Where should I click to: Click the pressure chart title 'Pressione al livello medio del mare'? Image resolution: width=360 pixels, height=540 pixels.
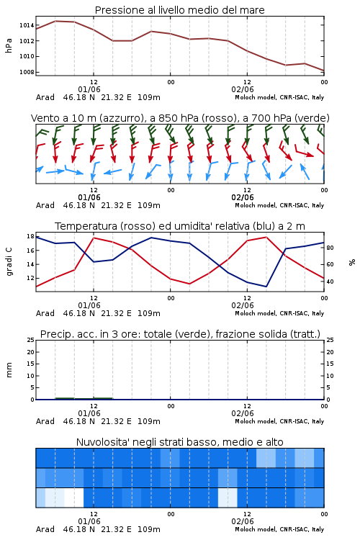[179, 10]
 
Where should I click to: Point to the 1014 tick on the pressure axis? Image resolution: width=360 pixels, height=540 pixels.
[27, 25]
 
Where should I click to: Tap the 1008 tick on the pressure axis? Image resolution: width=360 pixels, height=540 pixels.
[27, 72]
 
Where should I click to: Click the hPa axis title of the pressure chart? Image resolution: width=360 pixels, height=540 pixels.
[9, 45]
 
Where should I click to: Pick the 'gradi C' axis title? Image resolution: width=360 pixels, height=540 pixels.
[9, 262]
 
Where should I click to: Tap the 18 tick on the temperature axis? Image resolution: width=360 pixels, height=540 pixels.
[30, 236]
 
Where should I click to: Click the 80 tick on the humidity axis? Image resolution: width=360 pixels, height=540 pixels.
[330, 248]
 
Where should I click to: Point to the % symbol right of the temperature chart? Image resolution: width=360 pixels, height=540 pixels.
[352, 262]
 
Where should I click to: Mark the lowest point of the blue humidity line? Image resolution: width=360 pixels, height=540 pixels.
[266, 287]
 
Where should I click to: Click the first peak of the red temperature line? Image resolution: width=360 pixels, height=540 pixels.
[94, 238]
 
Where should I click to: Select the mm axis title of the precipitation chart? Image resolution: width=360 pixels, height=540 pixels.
[9, 370]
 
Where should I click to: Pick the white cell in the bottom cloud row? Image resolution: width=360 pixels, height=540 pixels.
[74, 498]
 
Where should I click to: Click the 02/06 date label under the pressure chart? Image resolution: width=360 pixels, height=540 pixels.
[243, 89]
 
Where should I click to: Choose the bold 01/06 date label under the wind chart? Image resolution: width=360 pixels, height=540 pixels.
[89, 198]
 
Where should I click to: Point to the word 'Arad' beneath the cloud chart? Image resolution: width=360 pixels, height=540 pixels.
[45, 529]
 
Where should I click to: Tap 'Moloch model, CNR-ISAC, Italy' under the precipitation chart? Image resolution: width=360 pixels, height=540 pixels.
[279, 421]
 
